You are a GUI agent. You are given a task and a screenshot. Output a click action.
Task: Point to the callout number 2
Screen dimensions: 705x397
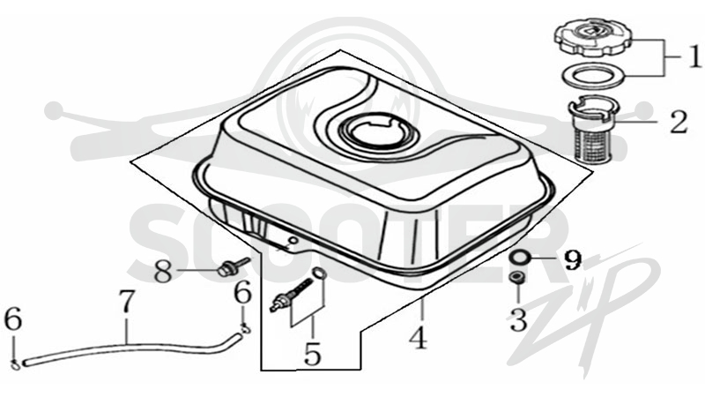679,122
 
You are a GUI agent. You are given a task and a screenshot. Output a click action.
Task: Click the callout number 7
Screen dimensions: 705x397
127,301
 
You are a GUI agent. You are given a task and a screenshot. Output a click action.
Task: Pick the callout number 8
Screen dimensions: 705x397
163,271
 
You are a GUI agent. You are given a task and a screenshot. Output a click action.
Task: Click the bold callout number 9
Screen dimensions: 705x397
573,259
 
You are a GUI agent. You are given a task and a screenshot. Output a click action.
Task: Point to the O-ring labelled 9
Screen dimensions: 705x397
520,258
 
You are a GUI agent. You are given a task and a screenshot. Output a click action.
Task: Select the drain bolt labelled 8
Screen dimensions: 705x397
232,267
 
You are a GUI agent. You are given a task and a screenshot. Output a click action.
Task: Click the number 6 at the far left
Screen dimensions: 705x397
12,319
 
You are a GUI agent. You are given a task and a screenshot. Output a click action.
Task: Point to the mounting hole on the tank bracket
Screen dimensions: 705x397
293,240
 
